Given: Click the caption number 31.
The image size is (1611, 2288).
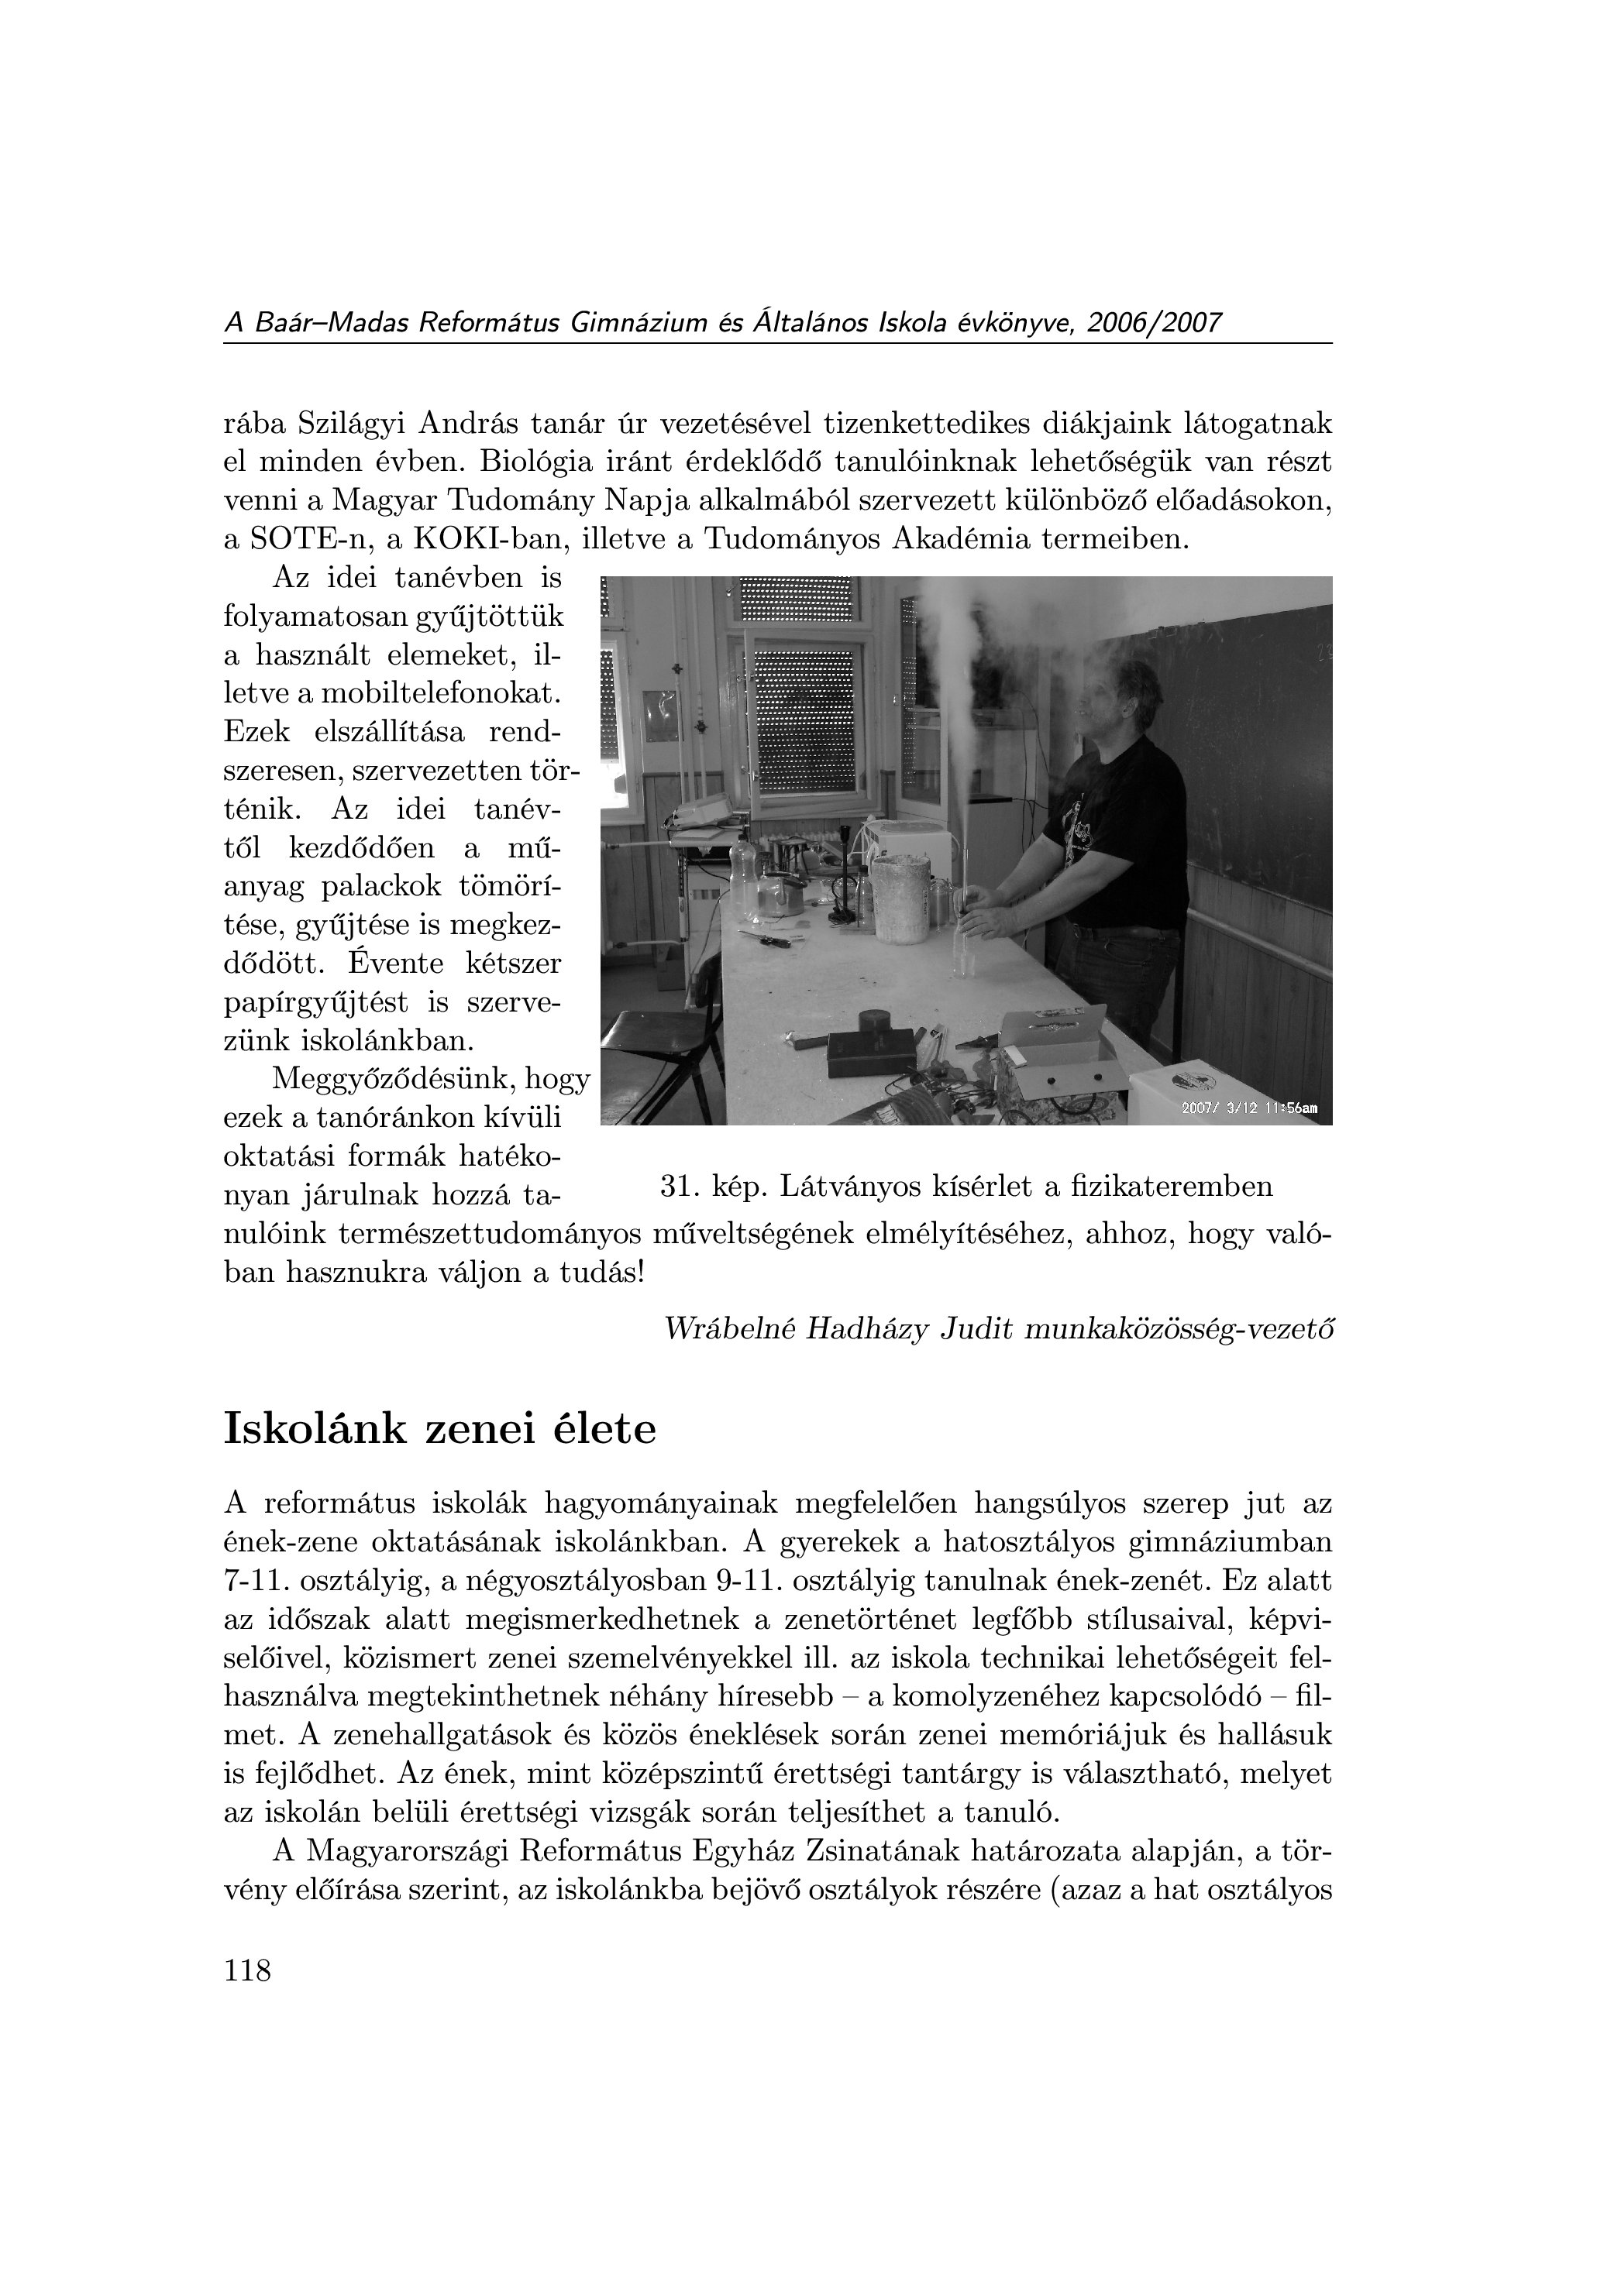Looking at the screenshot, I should [x=679, y=1186].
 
